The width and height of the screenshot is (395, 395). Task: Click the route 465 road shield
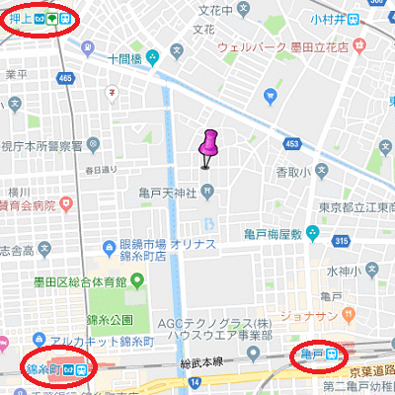click(x=66, y=77)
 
